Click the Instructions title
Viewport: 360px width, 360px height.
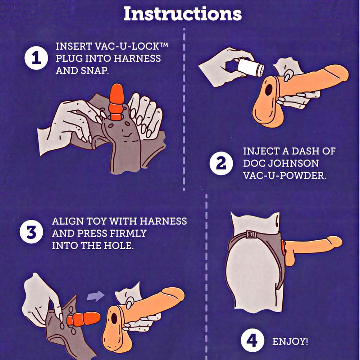[x=183, y=14]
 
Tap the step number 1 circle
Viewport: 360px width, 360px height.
[x=36, y=58]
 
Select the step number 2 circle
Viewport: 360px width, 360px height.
[x=221, y=164]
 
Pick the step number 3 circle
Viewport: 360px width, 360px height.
[x=31, y=232]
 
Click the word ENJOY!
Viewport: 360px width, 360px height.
[x=290, y=341]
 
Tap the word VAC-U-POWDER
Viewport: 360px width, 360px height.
[x=284, y=176]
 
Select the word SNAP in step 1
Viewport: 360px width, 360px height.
[x=94, y=71]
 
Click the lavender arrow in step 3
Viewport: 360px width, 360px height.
[x=96, y=296]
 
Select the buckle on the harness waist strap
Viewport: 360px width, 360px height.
[x=251, y=234]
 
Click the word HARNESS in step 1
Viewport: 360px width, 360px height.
[x=137, y=59]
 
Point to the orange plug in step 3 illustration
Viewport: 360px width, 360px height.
[x=83, y=319]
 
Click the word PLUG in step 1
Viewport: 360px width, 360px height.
[x=69, y=59]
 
